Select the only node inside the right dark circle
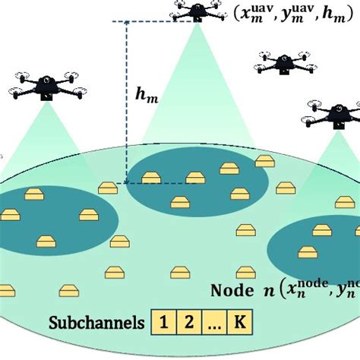[x=307, y=252]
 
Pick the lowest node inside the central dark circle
[x=179, y=202]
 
